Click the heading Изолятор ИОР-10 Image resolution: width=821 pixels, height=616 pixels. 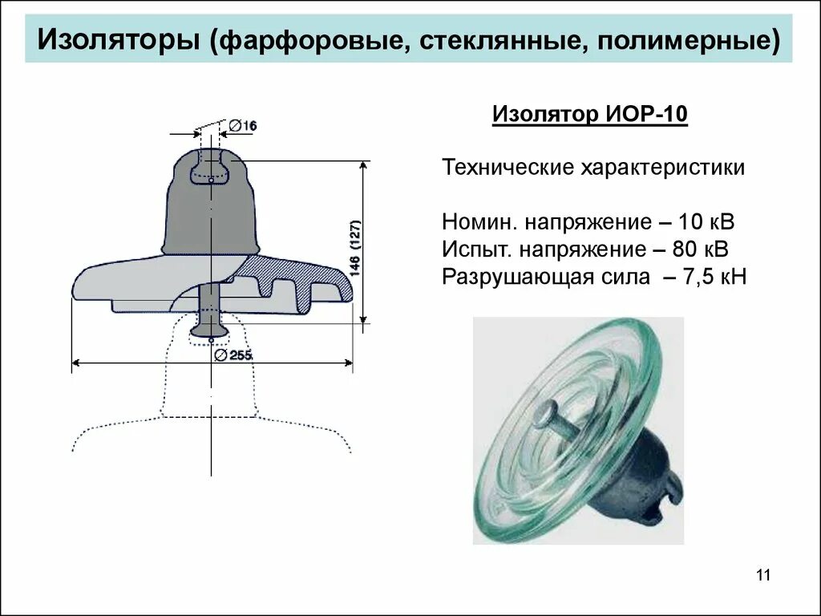tap(589, 115)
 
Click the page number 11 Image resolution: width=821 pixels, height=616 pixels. tap(762, 574)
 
